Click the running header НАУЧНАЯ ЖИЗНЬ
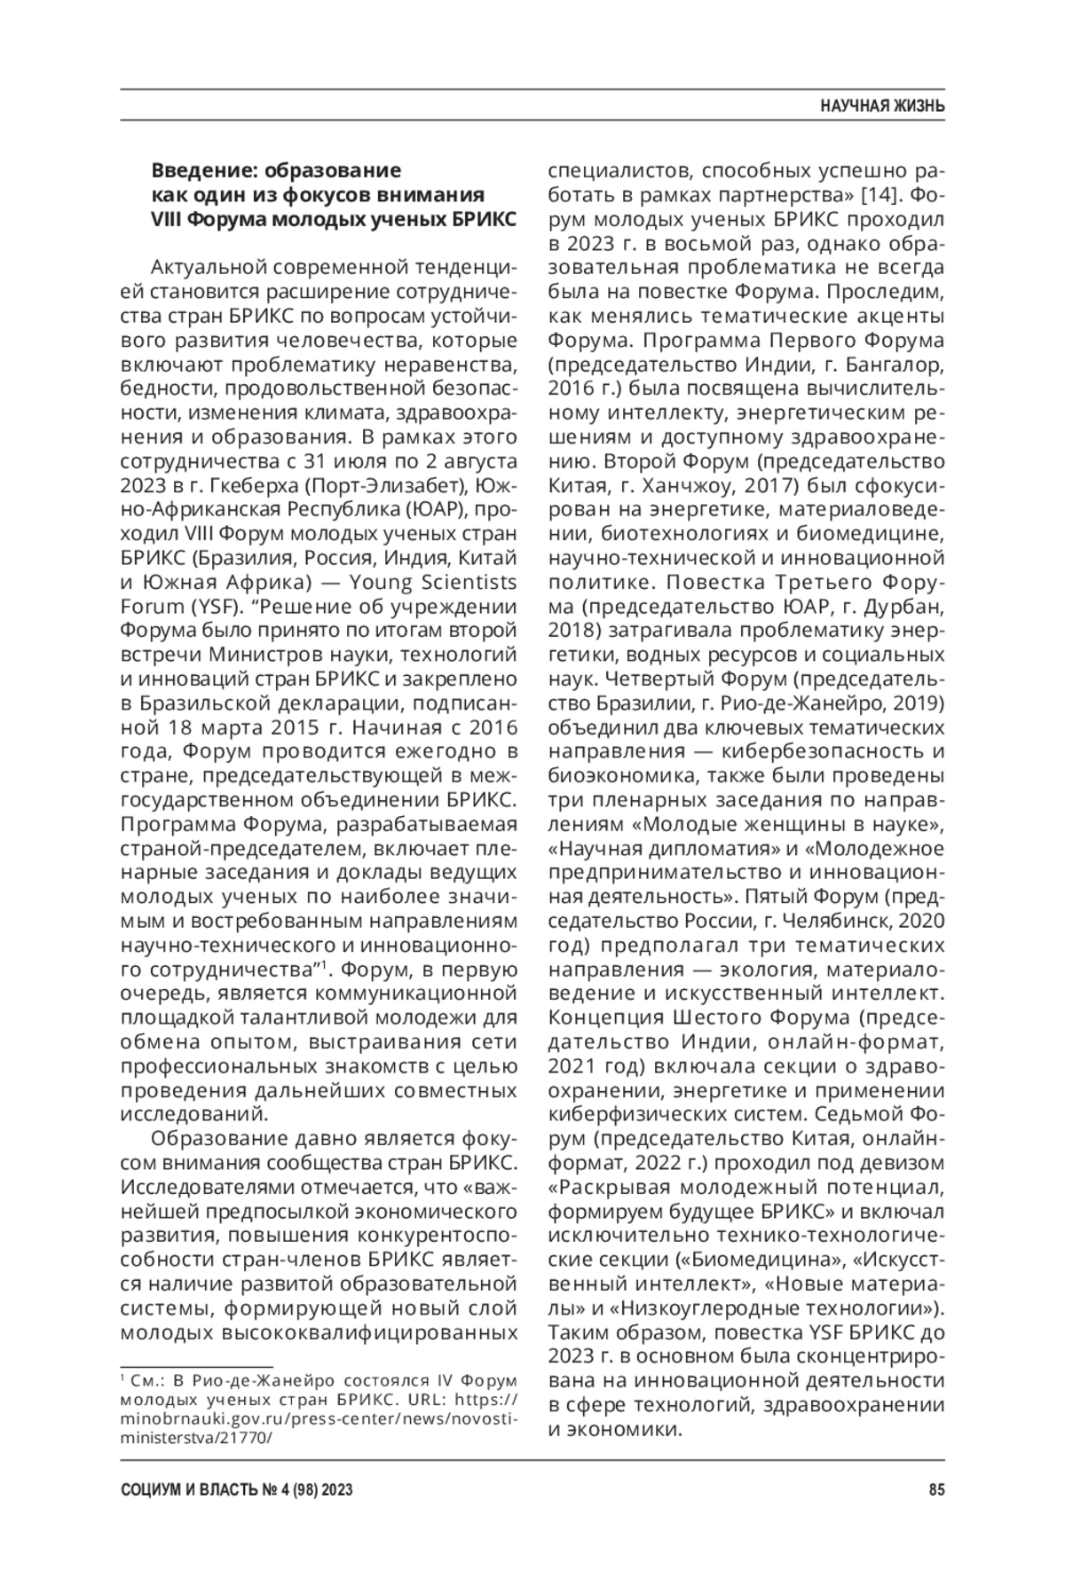click(881, 106)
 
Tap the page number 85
click(936, 1490)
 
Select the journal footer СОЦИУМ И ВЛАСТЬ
click(191, 1490)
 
